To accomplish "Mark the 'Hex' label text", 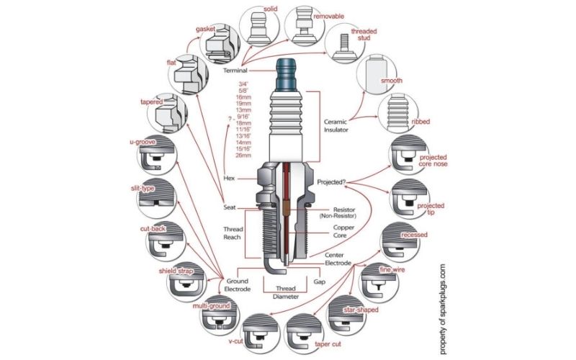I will [x=230, y=177].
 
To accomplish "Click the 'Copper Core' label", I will [x=333, y=232].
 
